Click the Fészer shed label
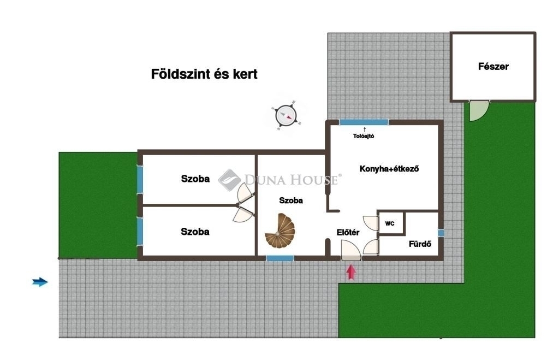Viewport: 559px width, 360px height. [x=493, y=66]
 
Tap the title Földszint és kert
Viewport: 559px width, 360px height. [x=204, y=74]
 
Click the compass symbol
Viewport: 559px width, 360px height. [x=286, y=116]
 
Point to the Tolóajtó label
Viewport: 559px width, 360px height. [x=363, y=136]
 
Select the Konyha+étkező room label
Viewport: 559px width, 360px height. [x=389, y=169]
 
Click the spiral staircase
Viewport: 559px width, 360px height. [x=280, y=231]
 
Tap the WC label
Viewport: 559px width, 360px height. [x=390, y=224]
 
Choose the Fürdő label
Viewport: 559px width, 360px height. [x=420, y=244]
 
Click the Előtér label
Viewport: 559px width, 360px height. [x=348, y=233]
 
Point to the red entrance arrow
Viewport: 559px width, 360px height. [x=351, y=272]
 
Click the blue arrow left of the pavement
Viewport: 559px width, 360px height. [x=40, y=282]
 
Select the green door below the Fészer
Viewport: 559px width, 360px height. [x=478, y=110]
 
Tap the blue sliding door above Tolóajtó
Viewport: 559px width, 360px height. [x=364, y=122]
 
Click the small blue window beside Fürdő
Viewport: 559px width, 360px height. [x=441, y=233]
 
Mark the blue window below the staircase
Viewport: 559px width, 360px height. [x=280, y=258]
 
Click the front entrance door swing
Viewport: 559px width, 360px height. [x=351, y=250]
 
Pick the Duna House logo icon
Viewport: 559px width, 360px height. [x=229, y=180]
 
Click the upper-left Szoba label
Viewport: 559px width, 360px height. [x=195, y=179]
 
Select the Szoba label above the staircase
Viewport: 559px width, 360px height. [x=291, y=200]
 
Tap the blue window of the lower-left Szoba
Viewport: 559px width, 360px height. [x=140, y=231]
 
